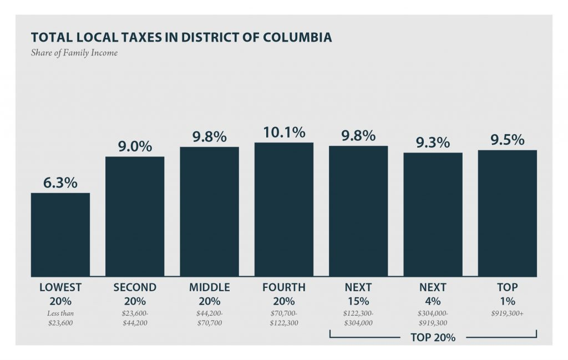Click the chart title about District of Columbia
pyautogui.click(x=181, y=38)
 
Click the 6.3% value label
pyautogui.click(x=60, y=182)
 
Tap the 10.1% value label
pyautogui.click(x=284, y=132)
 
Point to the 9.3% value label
pyautogui.click(x=433, y=142)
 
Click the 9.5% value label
pyautogui.click(x=507, y=139)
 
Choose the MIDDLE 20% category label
pyautogui.click(x=209, y=295)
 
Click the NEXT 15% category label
pyautogui.click(x=358, y=295)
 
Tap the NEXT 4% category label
pyautogui.click(x=433, y=295)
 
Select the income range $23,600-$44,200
pyautogui.click(x=135, y=318)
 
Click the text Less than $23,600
pyautogui.click(x=60, y=318)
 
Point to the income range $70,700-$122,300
pyautogui.click(x=284, y=318)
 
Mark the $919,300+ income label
pyautogui.click(x=507, y=313)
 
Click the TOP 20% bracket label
pyautogui.click(x=433, y=337)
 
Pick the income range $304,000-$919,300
pyautogui.click(x=433, y=318)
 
